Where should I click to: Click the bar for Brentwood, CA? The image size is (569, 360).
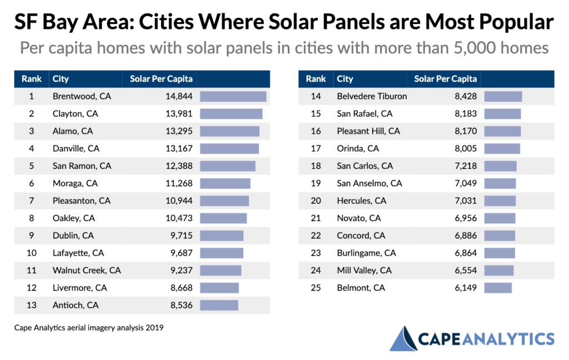click(x=233, y=96)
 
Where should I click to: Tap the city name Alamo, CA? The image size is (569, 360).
click(x=73, y=131)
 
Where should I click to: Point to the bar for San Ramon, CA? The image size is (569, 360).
click(x=227, y=166)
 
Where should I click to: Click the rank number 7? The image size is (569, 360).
click(x=32, y=201)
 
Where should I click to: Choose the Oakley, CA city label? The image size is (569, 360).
click(x=74, y=218)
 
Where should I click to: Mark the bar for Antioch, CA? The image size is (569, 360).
click(x=219, y=305)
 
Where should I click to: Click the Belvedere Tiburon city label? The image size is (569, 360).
click(x=372, y=96)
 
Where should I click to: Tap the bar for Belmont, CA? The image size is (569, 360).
click(x=498, y=288)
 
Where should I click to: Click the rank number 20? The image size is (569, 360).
click(x=316, y=201)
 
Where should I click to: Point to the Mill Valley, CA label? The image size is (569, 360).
click(x=364, y=270)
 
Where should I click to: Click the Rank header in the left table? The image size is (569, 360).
click(x=32, y=79)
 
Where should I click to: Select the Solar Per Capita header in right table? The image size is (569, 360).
click(x=446, y=79)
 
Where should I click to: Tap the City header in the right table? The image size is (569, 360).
click(x=345, y=79)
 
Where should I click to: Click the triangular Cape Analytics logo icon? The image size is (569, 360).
click(x=403, y=339)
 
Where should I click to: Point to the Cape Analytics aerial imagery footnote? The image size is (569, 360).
click(x=89, y=328)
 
